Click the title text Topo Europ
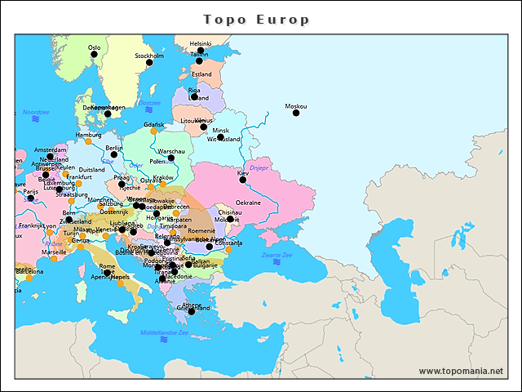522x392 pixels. (x=255, y=19)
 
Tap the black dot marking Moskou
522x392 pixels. (x=296, y=113)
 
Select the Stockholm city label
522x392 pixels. (x=149, y=56)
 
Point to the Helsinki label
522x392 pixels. (x=200, y=43)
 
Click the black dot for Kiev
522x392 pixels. (x=242, y=180)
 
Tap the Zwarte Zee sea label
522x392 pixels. (x=276, y=256)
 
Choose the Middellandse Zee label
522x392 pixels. (x=164, y=332)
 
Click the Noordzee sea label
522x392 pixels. (x=36, y=112)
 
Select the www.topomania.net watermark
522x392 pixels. (x=461, y=371)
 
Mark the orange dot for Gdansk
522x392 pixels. (x=153, y=131)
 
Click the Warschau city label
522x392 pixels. (x=171, y=151)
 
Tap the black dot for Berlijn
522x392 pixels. (x=114, y=154)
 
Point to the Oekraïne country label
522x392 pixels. (x=248, y=203)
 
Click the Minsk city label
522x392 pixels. (x=220, y=131)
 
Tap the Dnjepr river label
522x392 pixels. (x=259, y=167)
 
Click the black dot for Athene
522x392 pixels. (x=192, y=311)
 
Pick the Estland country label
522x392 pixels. (x=201, y=74)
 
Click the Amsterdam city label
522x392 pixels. (x=50, y=150)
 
